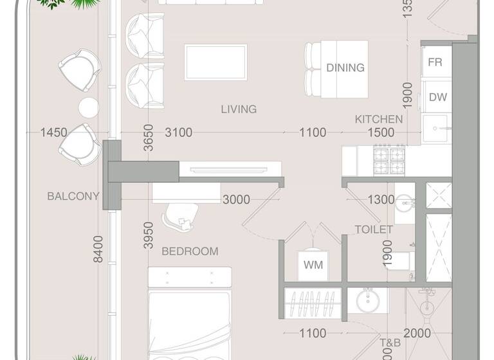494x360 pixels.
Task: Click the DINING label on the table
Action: click(345, 67)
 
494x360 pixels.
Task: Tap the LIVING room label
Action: click(239, 109)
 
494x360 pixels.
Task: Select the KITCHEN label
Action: click(379, 119)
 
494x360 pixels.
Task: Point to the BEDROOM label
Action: click(190, 251)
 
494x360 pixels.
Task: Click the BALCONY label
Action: click(73, 196)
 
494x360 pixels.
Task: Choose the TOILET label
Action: click(374, 229)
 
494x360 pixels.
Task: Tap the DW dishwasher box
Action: click(438, 98)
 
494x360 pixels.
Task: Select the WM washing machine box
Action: click(313, 264)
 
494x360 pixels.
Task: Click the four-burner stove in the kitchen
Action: click(390, 160)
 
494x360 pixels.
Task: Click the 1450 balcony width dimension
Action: click(53, 132)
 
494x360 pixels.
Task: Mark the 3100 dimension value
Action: click(178, 132)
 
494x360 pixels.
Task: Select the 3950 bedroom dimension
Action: click(148, 235)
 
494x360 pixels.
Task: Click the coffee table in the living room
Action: click(215, 62)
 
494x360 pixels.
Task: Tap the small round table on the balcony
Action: click(88, 105)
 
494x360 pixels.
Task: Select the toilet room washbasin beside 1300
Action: click(405, 204)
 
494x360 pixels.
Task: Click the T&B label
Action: click(390, 343)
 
